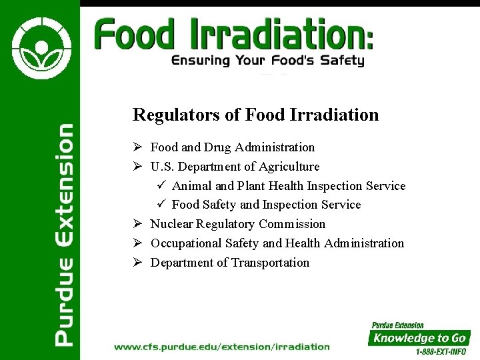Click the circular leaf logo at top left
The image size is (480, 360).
tap(39, 48)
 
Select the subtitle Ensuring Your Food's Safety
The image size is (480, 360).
tap(268, 61)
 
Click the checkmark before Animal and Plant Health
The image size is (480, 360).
tap(161, 186)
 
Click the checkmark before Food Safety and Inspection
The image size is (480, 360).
tap(161, 205)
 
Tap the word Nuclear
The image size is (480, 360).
tap(171, 224)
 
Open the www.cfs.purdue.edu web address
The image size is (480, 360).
tap(222, 347)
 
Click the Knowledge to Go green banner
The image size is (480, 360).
tap(419, 338)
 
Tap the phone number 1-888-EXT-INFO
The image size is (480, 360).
tap(441, 351)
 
